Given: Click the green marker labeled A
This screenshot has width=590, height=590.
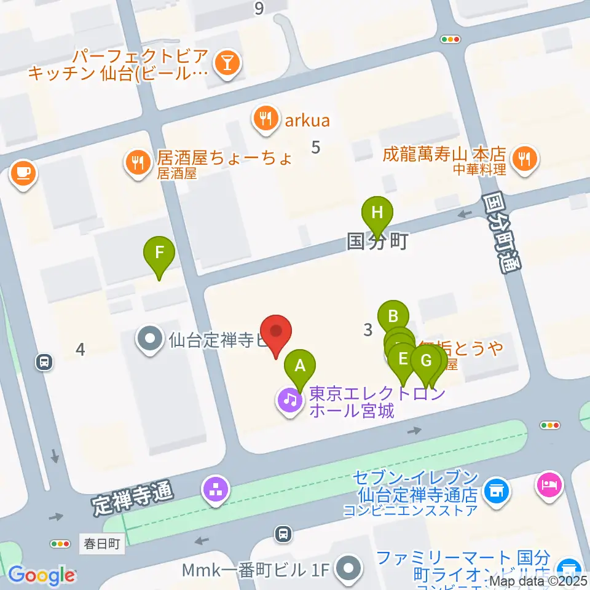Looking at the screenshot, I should pyautogui.click(x=300, y=366).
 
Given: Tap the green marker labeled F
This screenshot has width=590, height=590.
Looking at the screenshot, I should pyautogui.click(x=159, y=253).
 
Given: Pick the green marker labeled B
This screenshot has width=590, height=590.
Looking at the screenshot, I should pyautogui.click(x=393, y=317).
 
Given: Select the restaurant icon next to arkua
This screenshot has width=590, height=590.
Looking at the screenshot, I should pyautogui.click(x=265, y=119).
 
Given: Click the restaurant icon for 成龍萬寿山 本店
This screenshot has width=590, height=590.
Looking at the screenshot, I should pyautogui.click(x=524, y=160).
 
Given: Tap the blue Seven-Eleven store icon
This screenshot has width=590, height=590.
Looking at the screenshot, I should pyautogui.click(x=495, y=490).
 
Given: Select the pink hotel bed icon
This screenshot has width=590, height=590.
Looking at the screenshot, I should pyautogui.click(x=549, y=483).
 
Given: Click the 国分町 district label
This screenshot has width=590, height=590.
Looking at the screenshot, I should pyautogui.click(x=377, y=242).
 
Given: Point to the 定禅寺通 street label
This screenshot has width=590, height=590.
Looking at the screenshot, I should pyautogui.click(x=133, y=498).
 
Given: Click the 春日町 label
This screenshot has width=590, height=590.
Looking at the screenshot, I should pyautogui.click(x=102, y=543).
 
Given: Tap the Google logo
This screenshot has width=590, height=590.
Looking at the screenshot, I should pyautogui.click(x=41, y=576).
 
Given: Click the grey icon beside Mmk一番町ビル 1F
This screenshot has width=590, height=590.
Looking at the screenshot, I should pyautogui.click(x=350, y=568).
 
